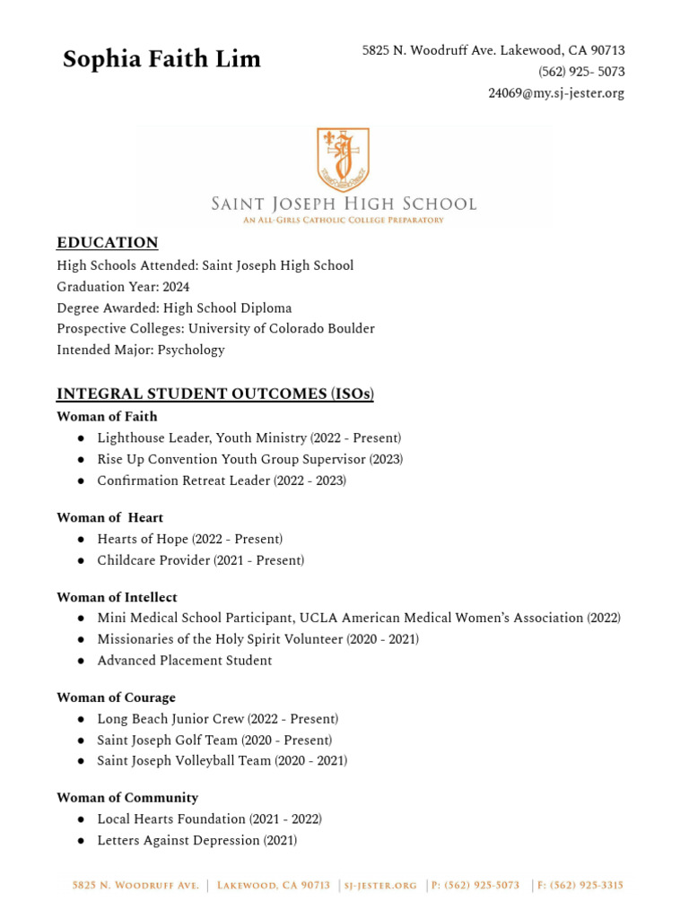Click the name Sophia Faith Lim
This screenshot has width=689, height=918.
point(161,60)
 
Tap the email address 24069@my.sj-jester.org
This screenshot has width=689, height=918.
point(556,93)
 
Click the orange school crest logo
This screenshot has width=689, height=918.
point(343,159)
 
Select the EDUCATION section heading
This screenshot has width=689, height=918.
point(108,243)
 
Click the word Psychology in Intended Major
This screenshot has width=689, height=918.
point(191,351)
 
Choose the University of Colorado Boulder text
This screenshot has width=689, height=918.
point(288,329)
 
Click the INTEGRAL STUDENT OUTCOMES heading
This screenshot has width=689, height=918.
point(215,394)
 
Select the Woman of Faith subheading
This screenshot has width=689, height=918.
point(107,417)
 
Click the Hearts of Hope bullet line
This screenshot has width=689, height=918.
point(189,540)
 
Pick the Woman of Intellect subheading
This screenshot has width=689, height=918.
point(117,598)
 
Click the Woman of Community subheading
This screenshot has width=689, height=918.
point(127,798)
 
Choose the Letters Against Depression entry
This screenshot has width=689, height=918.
point(196,841)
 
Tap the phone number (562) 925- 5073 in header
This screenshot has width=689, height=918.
point(581,72)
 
